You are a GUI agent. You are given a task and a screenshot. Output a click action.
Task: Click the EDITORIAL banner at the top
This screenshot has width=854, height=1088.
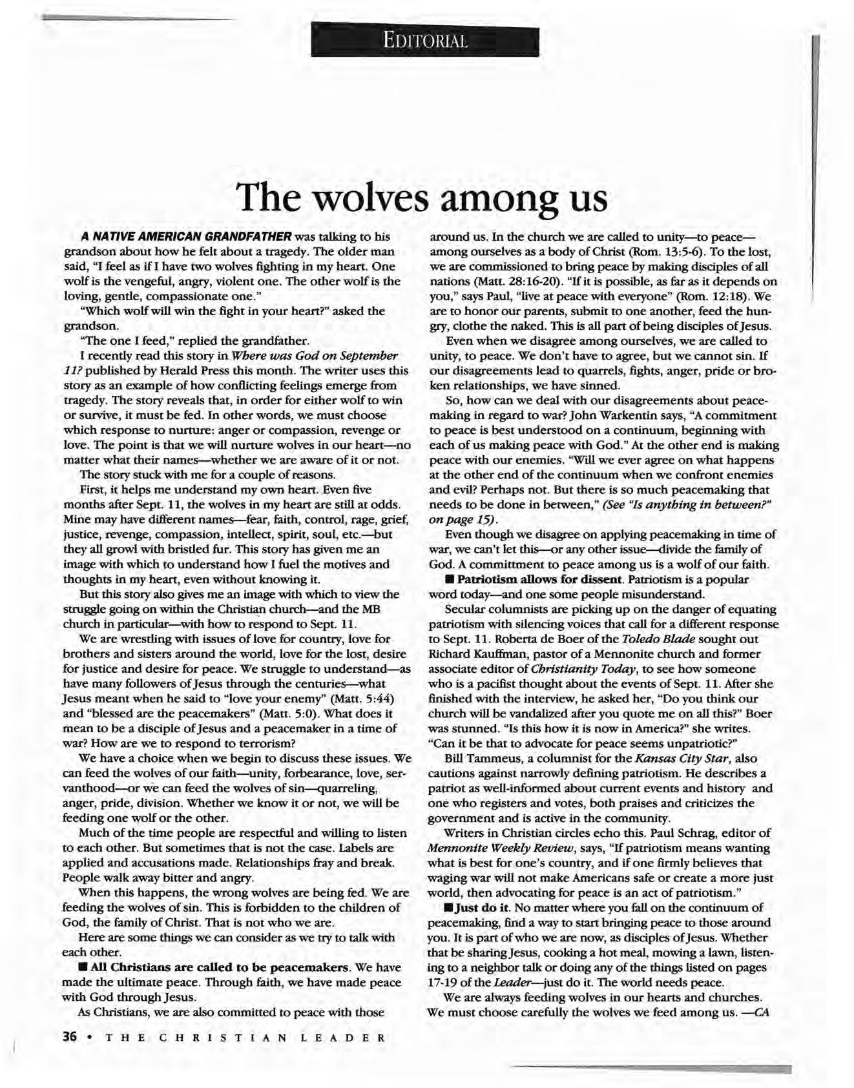pos(424,41)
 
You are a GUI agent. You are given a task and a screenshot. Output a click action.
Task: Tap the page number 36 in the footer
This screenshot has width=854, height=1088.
pos(69,1038)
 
